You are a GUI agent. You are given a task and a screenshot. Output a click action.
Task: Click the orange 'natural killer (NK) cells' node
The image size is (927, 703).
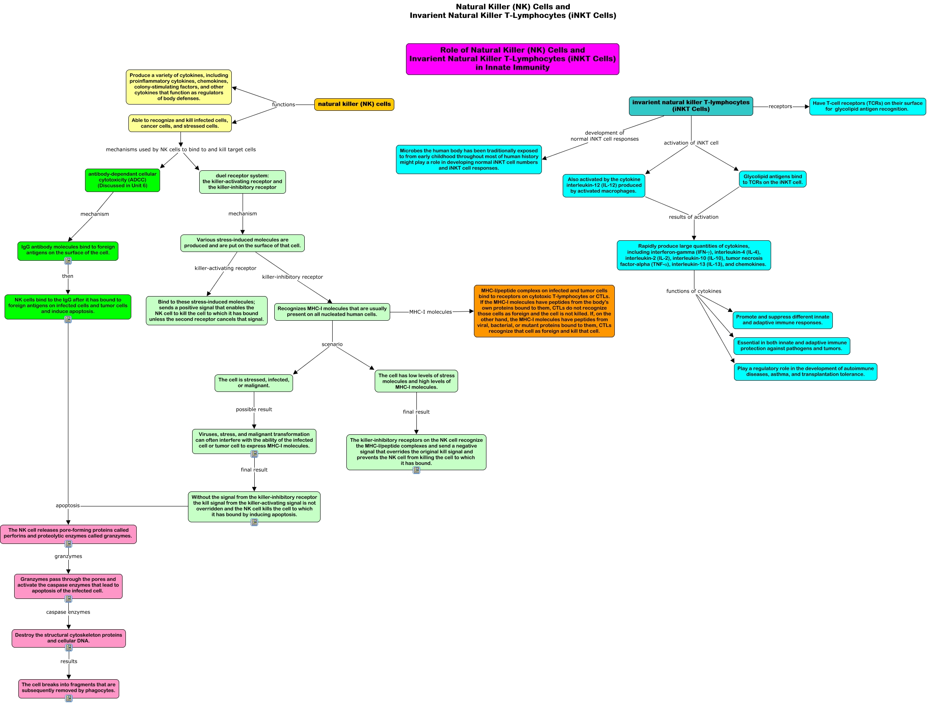354,104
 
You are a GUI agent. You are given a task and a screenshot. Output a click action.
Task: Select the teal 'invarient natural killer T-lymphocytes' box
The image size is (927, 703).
691,106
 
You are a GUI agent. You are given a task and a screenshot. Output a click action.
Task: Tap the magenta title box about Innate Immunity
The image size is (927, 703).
513,59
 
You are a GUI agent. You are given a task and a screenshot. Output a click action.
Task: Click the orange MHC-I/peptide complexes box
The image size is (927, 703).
544,311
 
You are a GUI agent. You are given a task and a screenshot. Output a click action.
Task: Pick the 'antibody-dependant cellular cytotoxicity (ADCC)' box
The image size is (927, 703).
123,180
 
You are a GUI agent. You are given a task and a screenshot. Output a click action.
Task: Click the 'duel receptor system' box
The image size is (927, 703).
242,182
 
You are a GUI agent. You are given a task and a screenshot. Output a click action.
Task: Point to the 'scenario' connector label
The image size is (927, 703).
332,344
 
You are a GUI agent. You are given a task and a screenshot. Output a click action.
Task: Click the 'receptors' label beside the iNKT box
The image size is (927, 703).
780,106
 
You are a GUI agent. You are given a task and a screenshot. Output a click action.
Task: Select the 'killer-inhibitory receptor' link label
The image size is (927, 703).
293,277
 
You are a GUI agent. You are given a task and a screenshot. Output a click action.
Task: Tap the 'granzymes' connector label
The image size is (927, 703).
68,556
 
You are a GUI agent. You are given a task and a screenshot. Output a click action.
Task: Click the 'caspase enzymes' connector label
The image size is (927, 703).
68,612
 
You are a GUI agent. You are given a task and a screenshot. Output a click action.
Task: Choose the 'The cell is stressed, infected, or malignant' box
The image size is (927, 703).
253,383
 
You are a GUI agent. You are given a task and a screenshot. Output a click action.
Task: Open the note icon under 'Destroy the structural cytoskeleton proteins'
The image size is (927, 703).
69,648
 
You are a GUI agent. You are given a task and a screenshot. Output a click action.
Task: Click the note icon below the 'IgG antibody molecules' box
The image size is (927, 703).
68,261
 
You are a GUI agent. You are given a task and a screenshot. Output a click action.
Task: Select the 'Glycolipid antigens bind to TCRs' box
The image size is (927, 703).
772,179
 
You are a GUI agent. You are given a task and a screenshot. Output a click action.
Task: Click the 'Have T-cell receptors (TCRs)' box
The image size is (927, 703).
867,106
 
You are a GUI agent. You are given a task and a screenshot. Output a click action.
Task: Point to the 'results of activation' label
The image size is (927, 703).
694,217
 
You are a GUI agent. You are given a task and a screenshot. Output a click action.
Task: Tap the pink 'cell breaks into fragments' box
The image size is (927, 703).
69,688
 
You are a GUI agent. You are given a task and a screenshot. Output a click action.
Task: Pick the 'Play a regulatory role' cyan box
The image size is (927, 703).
805,372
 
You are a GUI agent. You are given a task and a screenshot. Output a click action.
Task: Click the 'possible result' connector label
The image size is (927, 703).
254,409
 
